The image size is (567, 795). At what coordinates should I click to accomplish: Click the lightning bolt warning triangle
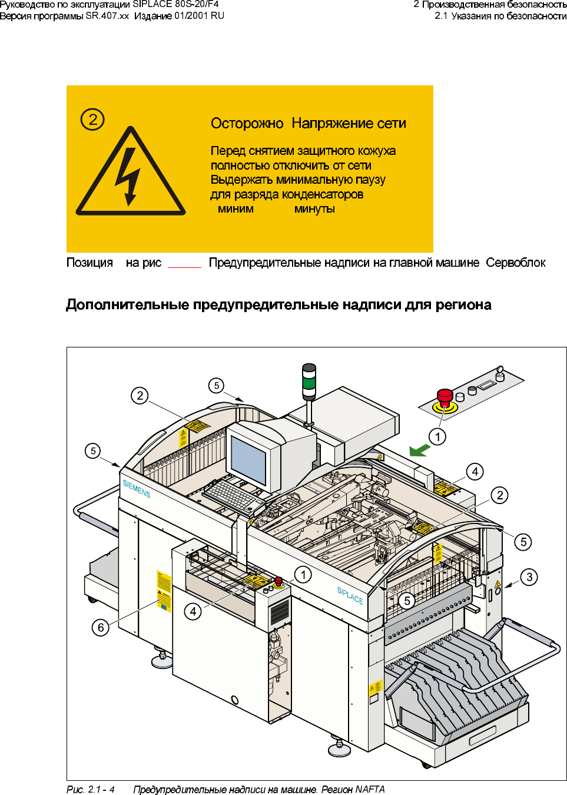point(131,174)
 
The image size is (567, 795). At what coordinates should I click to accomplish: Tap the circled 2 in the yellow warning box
point(92,120)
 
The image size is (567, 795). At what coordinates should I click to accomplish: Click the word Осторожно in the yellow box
point(247,124)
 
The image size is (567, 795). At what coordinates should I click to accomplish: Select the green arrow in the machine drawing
point(420,450)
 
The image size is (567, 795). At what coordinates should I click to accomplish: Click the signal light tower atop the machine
point(309,382)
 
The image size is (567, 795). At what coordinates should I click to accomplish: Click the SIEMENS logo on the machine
point(137,489)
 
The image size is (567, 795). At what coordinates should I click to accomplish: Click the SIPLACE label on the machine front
point(350,595)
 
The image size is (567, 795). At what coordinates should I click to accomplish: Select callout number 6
point(101,628)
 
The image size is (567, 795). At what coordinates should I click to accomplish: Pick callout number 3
point(529,577)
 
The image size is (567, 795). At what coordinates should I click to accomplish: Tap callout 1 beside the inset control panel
point(437,436)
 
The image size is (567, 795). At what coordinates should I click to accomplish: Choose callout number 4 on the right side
point(475,471)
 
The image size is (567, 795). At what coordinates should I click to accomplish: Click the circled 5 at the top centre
point(217,386)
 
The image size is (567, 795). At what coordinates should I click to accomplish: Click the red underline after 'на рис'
point(184,267)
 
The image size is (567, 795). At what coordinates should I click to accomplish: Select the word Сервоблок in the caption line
point(516,263)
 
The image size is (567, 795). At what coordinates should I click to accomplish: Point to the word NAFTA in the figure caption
point(370,789)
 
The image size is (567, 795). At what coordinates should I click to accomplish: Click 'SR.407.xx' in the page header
point(107,16)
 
